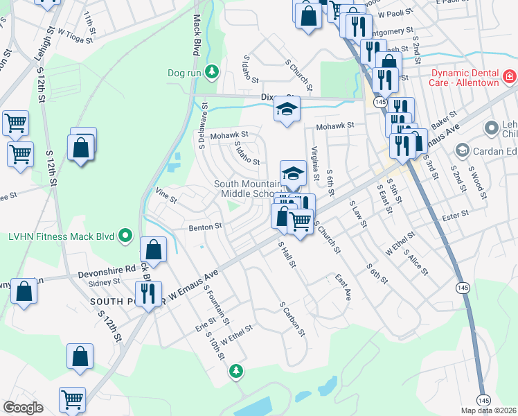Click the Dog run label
185,72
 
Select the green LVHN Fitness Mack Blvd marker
125,236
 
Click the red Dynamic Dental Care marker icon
509,76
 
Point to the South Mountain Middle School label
247,189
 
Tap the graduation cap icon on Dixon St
287,109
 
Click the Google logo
23,408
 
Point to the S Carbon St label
293,318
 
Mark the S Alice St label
418,264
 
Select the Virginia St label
314,159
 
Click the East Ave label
343,287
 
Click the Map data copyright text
489,410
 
